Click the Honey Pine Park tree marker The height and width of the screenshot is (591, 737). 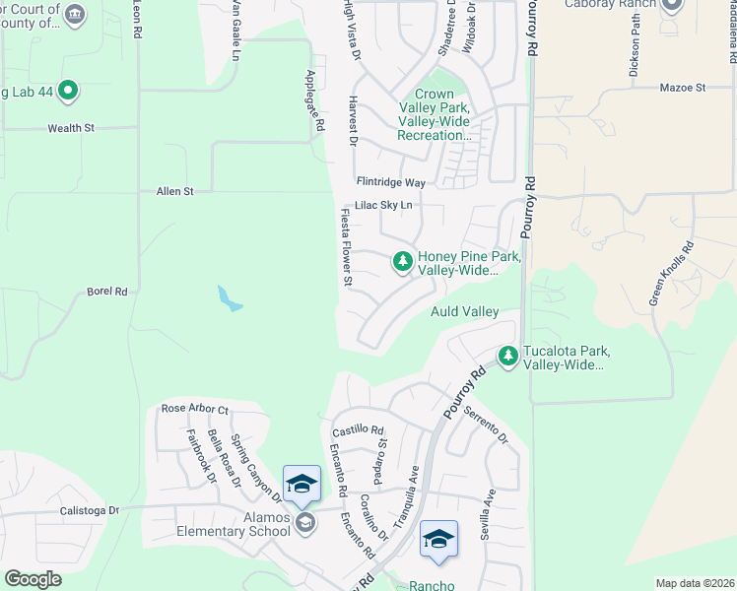[x=402, y=261]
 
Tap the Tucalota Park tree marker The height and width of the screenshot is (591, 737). [x=507, y=356]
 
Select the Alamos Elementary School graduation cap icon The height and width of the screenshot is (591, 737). [x=304, y=524]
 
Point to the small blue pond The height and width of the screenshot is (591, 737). [x=229, y=298]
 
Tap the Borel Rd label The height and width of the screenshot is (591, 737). [x=107, y=292]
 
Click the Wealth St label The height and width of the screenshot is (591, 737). [x=71, y=128]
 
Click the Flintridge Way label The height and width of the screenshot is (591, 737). [x=391, y=182]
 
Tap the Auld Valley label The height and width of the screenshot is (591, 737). [x=465, y=311]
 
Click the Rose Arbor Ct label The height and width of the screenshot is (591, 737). [x=195, y=409]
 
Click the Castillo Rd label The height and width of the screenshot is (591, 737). [x=357, y=429]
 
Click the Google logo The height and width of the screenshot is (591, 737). [x=33, y=579]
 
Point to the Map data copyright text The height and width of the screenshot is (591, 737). [x=695, y=583]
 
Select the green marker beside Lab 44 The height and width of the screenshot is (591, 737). [x=68, y=92]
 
